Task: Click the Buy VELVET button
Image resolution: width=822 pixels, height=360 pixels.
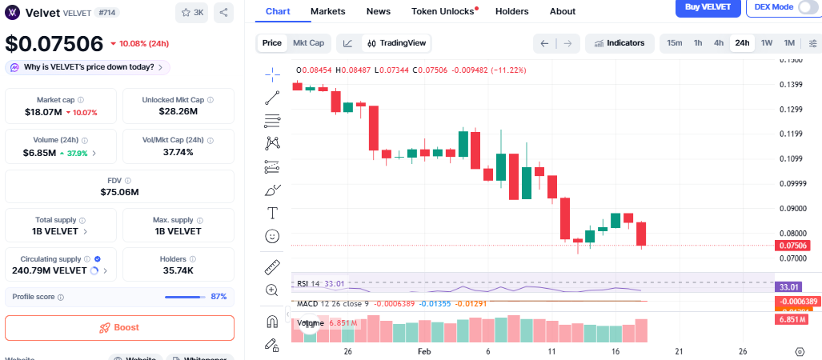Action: tap(706, 6)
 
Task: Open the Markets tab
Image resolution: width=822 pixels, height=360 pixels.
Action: tap(328, 11)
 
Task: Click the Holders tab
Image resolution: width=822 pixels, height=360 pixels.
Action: tap(512, 11)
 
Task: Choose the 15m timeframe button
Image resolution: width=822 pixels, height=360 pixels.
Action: tap(674, 42)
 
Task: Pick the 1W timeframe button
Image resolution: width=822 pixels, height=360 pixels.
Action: tap(766, 42)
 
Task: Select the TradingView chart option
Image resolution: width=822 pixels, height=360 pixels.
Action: tap(397, 42)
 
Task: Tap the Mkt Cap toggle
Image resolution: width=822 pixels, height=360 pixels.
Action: tap(308, 42)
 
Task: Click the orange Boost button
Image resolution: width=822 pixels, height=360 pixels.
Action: tap(119, 327)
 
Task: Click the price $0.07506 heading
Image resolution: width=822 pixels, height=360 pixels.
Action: tap(54, 43)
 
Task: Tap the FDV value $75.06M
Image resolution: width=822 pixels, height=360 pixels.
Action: tap(119, 192)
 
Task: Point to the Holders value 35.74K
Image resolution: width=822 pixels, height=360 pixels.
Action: tap(178, 270)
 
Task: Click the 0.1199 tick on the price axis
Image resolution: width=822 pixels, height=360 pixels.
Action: tap(791, 134)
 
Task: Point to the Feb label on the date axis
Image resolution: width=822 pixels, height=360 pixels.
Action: tap(424, 351)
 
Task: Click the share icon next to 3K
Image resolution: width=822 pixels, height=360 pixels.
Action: tap(223, 13)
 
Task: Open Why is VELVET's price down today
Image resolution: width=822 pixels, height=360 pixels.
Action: tap(87, 67)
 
